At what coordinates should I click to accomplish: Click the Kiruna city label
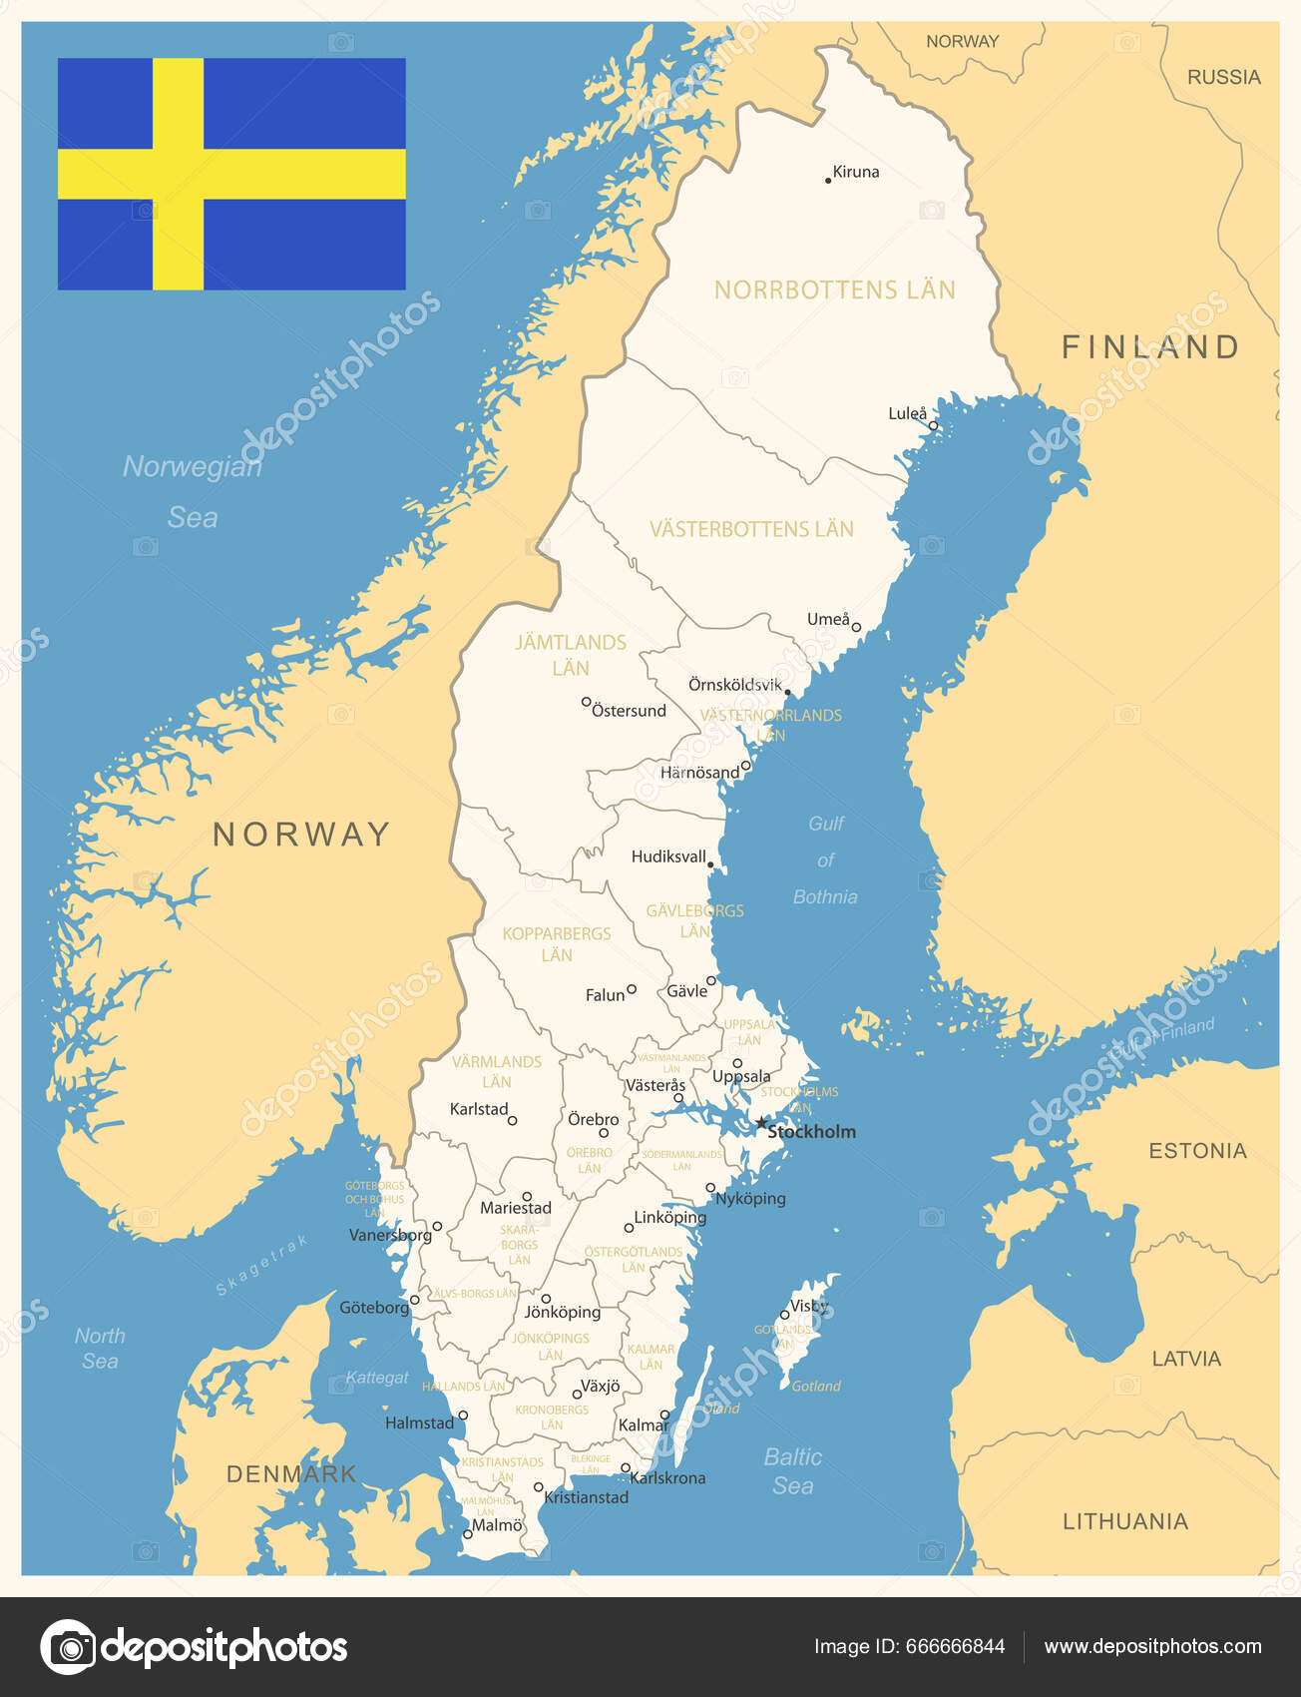856,172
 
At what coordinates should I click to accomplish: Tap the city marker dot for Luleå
934,426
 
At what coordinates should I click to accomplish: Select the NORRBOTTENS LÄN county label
834,289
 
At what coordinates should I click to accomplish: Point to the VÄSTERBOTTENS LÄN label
751,529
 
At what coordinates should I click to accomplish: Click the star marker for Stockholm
761,1123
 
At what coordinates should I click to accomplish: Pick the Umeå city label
828,619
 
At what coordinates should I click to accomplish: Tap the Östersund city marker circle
587,702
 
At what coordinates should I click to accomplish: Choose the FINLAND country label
1149,347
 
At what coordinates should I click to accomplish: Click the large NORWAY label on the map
301,835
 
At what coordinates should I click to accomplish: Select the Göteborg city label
374,1307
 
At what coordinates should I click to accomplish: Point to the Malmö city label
497,1525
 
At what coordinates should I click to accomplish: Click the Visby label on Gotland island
809,1306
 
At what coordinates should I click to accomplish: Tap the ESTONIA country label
1197,1151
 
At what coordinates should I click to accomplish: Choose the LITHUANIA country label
1124,1521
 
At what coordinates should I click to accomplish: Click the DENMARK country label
291,1473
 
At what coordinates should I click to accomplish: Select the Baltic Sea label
793,1471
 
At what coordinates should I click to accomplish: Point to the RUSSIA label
1223,77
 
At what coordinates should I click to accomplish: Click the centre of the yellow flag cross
179,174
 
